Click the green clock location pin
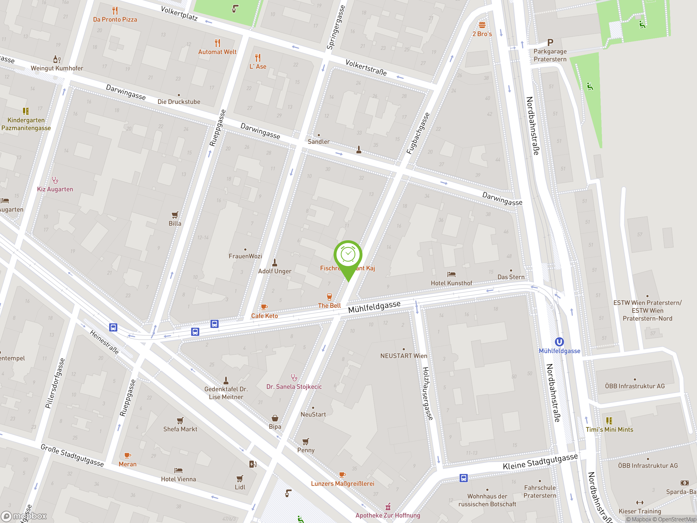[x=348, y=255]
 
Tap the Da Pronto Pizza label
[x=115, y=20]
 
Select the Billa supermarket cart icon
[x=175, y=215]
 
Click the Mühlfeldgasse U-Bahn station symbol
[x=559, y=342]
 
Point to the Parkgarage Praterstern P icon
[x=550, y=42]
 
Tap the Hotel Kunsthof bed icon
[x=451, y=274]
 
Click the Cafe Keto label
[x=264, y=316]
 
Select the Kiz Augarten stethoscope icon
[x=55, y=180]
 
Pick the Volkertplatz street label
[x=179, y=14]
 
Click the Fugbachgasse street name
[x=418, y=133]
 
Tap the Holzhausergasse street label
[x=427, y=393]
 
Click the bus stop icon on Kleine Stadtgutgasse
[x=463, y=478]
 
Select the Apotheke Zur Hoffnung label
[x=388, y=515]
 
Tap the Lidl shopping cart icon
[x=240, y=479]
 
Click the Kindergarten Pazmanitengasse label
[x=26, y=124]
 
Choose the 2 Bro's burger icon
[x=482, y=25]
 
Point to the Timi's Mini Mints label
[x=609, y=429]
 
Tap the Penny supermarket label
[x=306, y=450]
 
